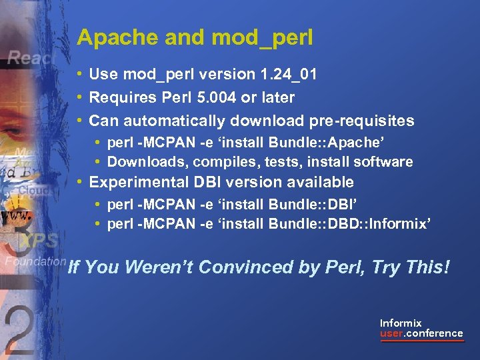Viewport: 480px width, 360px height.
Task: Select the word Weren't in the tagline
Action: [x=158, y=267]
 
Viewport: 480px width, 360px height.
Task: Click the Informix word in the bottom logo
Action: [x=401, y=323]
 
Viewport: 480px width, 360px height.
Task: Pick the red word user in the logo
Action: [x=392, y=333]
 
